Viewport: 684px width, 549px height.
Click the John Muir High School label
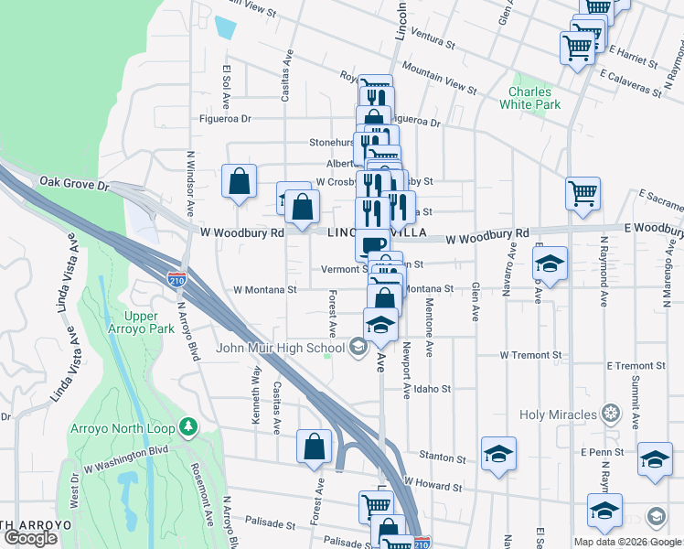279,347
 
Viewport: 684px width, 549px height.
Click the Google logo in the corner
30,538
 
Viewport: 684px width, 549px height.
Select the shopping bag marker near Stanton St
314,448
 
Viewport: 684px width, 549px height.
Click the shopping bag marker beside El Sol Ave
239,182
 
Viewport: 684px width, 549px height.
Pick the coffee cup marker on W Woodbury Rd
373,245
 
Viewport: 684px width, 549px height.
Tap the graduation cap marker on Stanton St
498,455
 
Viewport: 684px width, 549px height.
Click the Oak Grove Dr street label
74,183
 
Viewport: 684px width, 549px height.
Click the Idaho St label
433,389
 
